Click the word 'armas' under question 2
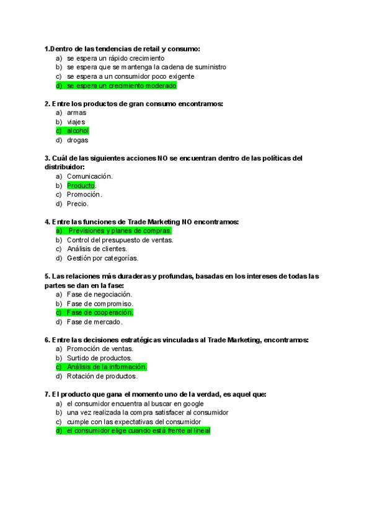pyautogui.click(x=76, y=113)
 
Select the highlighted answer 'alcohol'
pyautogui.click(x=77, y=131)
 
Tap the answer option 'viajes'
pyautogui.click(x=76, y=122)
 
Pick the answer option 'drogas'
pyautogui.click(x=77, y=140)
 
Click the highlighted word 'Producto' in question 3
pyautogui.click(x=81, y=185)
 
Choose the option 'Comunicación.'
pyautogui.click(x=89, y=176)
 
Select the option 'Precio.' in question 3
pyautogui.click(x=77, y=203)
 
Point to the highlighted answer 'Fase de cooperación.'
pyautogui.click(x=100, y=313)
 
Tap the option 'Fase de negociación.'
pyautogui.click(x=99, y=295)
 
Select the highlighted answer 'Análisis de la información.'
pyautogui.click(x=107, y=367)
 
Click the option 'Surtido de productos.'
pyautogui.click(x=99, y=358)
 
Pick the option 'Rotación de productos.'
pyautogui.click(x=102, y=376)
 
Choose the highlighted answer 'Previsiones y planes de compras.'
pyautogui.click(x=120, y=231)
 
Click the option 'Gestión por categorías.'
pyautogui.click(x=102, y=258)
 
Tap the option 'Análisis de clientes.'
pyautogui.click(x=97, y=249)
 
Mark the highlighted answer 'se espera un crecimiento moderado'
pyautogui.click(x=122, y=86)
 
